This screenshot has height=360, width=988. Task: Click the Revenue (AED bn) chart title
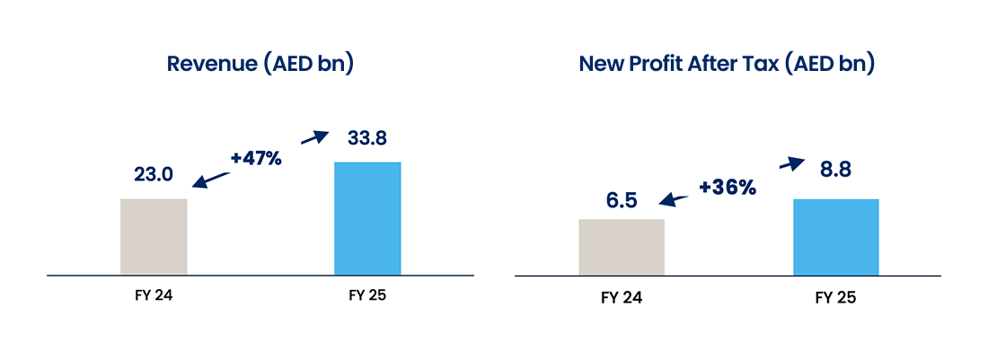[260, 65]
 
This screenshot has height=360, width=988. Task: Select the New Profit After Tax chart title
[727, 65]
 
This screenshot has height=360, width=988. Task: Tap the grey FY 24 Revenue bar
[154, 236]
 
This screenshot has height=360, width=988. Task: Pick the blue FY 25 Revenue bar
[367, 218]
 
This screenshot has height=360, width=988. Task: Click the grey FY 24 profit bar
[622, 247]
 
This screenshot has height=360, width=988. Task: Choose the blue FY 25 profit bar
[835, 236]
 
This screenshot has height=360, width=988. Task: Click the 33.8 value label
[368, 140]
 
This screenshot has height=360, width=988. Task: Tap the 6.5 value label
[622, 200]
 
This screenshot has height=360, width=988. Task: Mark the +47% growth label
[256, 159]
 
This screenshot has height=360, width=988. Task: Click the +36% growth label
[727, 188]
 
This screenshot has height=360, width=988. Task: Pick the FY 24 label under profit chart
[622, 297]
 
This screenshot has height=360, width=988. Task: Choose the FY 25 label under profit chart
[835, 297]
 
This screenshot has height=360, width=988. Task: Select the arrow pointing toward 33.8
[314, 137]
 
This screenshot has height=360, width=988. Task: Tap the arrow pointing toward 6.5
[677, 199]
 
